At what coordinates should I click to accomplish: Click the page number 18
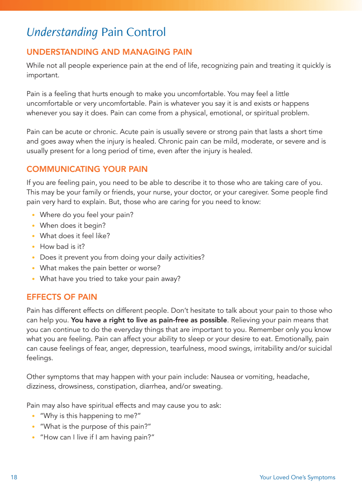[x=14, y=477]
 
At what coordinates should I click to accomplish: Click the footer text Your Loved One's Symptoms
[x=297, y=477]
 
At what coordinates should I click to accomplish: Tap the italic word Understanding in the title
[x=62, y=33]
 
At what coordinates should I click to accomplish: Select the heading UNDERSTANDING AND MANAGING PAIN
[x=109, y=52]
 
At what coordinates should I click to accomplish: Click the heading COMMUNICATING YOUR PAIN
[x=87, y=169]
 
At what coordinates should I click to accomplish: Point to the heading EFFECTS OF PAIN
[x=62, y=297]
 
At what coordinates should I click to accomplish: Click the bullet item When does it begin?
[x=73, y=225]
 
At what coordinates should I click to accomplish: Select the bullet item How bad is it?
[x=62, y=247]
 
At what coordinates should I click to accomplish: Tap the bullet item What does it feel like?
[x=75, y=236]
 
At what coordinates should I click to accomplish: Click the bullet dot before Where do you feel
[x=33, y=215]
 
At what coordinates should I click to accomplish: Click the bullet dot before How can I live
[x=33, y=438]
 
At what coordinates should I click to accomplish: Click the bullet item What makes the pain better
[x=100, y=268]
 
